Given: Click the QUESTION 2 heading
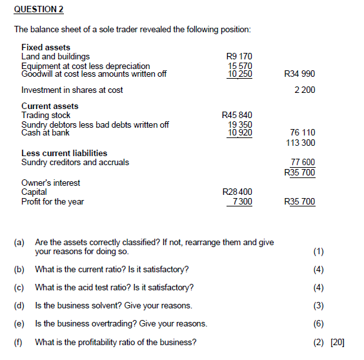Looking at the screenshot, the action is point(39,10).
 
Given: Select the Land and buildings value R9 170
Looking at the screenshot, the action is point(239,57).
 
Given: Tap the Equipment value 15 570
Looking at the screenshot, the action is point(240,65).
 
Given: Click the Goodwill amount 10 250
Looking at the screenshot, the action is point(239,74).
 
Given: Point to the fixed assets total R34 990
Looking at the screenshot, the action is point(299,74).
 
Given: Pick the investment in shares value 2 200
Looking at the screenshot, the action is point(304,90).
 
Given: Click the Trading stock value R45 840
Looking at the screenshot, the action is point(237,115).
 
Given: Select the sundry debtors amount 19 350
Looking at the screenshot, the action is point(240,125).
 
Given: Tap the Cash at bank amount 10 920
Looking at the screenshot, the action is point(240,133).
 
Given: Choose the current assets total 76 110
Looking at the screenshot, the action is point(303,134).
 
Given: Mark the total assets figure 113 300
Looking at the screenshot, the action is point(300,143).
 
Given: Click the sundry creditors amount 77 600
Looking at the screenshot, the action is point(303,163).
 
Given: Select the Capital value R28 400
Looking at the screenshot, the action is point(237,192).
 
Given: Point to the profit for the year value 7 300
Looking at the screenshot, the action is point(242,201).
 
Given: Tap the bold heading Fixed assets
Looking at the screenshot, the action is point(46,48).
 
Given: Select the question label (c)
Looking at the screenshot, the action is point(19,288).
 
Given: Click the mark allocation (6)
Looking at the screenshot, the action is point(318,324).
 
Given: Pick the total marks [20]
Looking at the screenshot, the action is point(338,342).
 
